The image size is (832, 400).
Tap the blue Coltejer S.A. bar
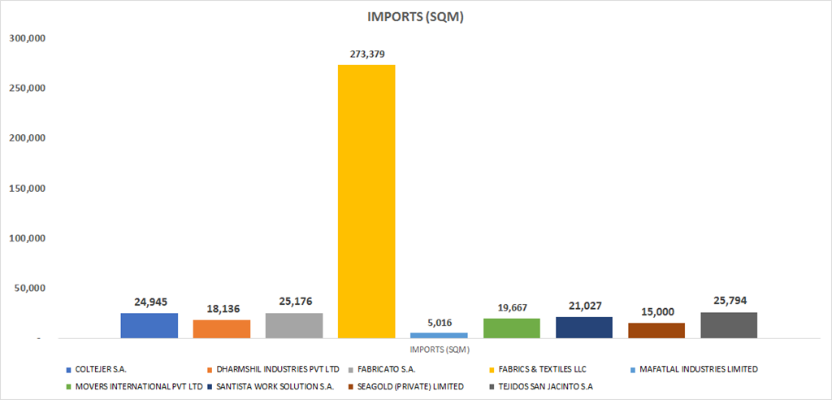(x=149, y=325)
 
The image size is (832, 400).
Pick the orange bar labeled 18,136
(x=222, y=328)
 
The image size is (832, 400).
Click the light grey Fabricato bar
(x=294, y=325)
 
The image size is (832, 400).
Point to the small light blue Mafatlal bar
(x=439, y=335)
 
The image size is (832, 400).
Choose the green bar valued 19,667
(x=511, y=328)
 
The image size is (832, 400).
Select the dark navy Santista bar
(x=583, y=327)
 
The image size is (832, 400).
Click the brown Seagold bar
(x=656, y=330)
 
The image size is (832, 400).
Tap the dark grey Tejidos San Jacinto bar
(x=729, y=325)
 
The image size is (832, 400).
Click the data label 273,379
(x=366, y=54)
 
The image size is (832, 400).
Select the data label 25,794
(x=729, y=301)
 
